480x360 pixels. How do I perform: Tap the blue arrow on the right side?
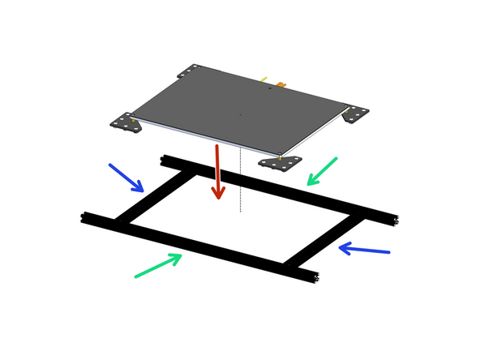364,249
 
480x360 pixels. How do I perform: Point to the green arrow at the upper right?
322,171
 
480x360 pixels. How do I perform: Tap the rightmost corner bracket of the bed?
354,114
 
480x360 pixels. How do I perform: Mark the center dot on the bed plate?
240,114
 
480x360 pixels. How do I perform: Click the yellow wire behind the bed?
264,79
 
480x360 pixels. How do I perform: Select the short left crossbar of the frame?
151,195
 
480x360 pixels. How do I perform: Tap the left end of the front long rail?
86,217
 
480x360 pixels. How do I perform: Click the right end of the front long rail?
314,276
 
